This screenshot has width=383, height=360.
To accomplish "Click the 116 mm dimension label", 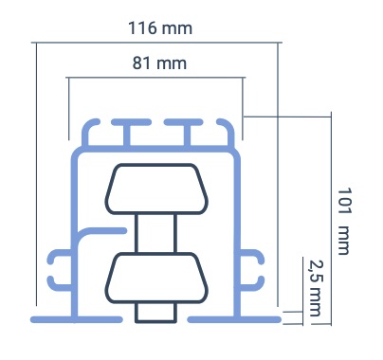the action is [x=160, y=28].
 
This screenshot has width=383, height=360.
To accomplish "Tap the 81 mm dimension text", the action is [x=159, y=63].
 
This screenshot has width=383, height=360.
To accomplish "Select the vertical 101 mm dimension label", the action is [x=344, y=222].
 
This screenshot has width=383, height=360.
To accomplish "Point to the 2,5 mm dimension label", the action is [x=315, y=288].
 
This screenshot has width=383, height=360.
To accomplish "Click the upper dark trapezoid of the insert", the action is [x=156, y=189].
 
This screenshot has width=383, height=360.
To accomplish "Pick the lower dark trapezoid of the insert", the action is [x=156, y=278].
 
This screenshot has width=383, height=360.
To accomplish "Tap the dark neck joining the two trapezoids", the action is [x=155, y=233].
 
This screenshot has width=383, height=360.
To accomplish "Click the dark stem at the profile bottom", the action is [x=155, y=313].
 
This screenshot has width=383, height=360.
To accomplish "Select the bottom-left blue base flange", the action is [x=77, y=319].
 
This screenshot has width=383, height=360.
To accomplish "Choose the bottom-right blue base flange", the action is [x=234, y=319].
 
